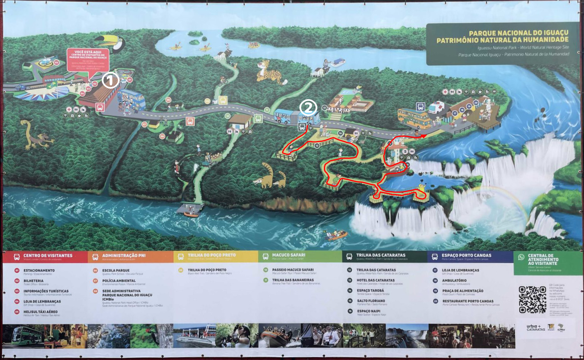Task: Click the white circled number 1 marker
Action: click(x=110, y=81)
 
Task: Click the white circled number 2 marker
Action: click(x=308, y=108)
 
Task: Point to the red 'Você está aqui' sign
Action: click(x=88, y=59)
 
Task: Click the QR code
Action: click(x=532, y=300)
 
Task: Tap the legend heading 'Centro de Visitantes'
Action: click(x=48, y=256)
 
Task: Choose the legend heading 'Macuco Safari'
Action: click(x=288, y=255)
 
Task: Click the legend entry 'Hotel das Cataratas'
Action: click(x=375, y=280)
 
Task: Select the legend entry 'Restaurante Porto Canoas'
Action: click(x=468, y=301)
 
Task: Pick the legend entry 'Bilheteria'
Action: click(x=33, y=281)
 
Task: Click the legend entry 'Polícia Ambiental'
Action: click(x=119, y=281)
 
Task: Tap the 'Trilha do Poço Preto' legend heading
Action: click(x=211, y=255)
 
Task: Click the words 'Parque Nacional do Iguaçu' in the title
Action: click(x=518, y=33)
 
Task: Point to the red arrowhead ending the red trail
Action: click(x=424, y=136)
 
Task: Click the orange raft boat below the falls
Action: click(x=336, y=236)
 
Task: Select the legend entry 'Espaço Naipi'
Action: click(x=368, y=311)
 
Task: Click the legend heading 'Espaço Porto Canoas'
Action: click(x=466, y=255)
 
